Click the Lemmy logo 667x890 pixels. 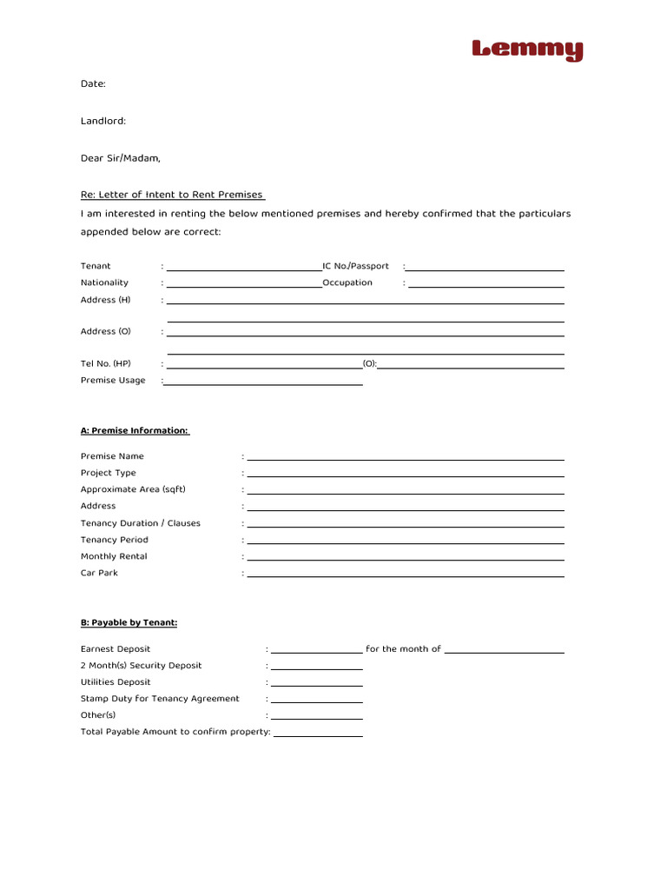pyautogui.click(x=527, y=50)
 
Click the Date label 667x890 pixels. pyautogui.click(x=93, y=83)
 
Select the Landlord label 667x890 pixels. pyautogui.click(x=103, y=121)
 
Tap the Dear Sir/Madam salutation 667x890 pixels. pyautogui.click(x=121, y=158)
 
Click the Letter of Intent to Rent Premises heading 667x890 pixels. pyautogui.click(x=172, y=195)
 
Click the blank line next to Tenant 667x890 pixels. pyautogui.click(x=244, y=268)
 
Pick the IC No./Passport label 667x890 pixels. pyautogui.click(x=355, y=266)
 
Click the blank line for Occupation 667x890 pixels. pyautogui.click(x=485, y=284)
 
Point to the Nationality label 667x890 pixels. pyautogui.click(x=104, y=282)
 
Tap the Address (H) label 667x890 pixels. pyautogui.click(x=105, y=300)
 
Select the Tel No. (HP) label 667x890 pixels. pyautogui.click(x=105, y=363)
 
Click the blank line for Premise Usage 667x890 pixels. pyautogui.click(x=264, y=382)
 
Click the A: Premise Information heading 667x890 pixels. pyautogui.click(x=135, y=430)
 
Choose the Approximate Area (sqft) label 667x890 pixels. pyautogui.click(x=133, y=489)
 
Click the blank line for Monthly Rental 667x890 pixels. pyautogui.click(x=405, y=558)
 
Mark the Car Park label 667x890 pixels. pyautogui.click(x=99, y=573)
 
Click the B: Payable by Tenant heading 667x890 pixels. pyautogui.click(x=129, y=622)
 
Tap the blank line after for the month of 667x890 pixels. pyautogui.click(x=504, y=650)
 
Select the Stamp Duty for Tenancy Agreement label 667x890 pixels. pyautogui.click(x=160, y=699)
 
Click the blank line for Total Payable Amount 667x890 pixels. pyautogui.click(x=318, y=734)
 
